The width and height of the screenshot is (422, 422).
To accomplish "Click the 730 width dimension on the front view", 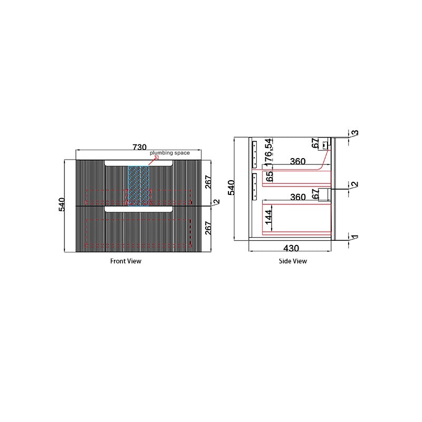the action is click(x=140, y=147).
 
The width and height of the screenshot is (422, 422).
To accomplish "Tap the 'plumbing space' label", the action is click(x=170, y=153).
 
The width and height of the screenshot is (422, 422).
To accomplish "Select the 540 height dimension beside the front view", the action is click(x=62, y=204).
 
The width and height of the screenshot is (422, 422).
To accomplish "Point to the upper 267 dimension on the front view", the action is click(x=208, y=182).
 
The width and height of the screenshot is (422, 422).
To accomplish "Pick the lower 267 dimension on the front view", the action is click(x=208, y=228).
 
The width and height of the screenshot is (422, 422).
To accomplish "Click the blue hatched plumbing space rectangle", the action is click(x=138, y=186).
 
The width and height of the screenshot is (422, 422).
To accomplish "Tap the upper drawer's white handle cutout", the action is click(x=139, y=163).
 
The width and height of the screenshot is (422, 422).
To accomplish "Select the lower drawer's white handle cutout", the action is click(x=139, y=209).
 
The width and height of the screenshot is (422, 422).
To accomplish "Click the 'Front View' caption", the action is click(x=126, y=261).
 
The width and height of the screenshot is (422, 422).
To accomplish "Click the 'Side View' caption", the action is click(x=293, y=261).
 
